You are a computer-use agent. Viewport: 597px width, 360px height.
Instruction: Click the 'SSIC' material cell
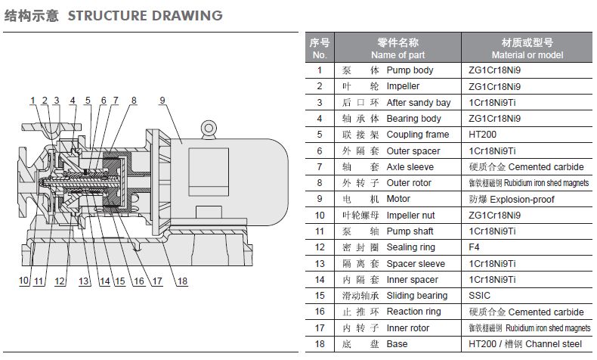480,296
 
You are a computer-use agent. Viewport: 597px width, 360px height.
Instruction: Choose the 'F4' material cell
475,247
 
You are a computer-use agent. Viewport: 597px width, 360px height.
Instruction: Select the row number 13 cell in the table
319,264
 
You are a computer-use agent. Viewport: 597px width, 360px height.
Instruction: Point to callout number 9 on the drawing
162,101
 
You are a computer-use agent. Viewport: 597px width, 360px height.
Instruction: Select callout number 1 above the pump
33,101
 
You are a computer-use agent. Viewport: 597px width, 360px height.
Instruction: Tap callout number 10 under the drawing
24,281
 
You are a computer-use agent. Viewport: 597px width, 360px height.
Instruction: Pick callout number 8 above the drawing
134,101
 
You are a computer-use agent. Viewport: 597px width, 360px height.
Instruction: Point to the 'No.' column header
319,55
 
